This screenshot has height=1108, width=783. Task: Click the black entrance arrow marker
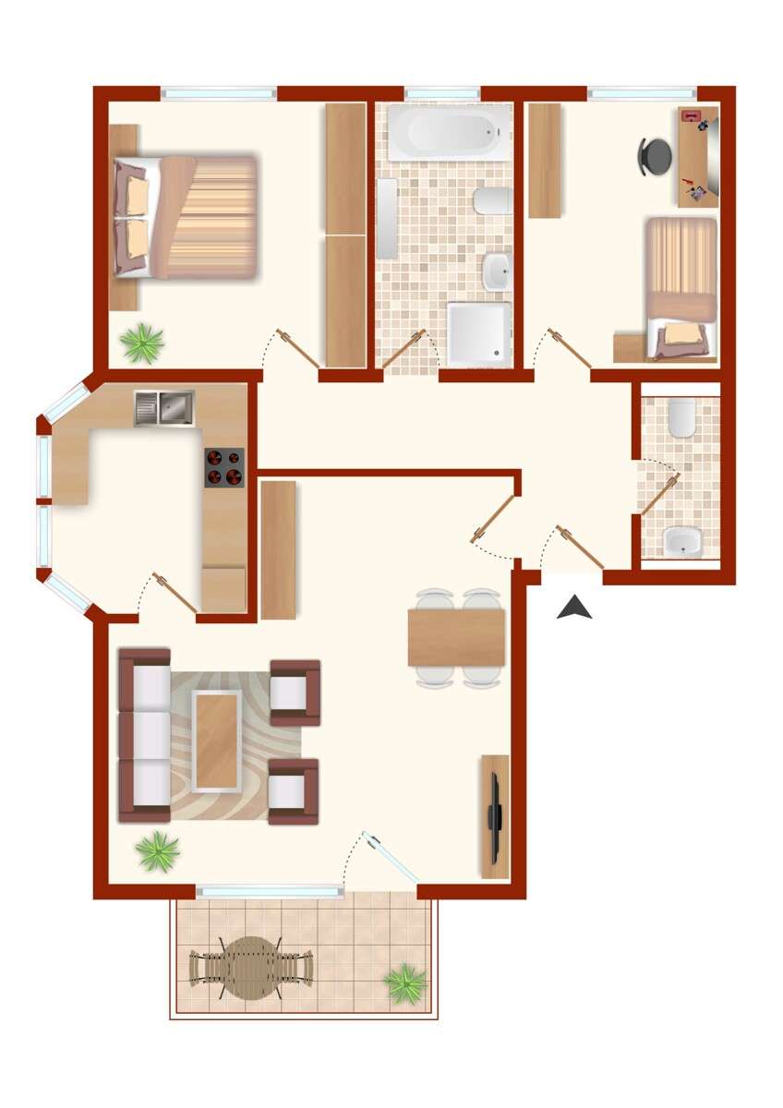pyautogui.click(x=574, y=608)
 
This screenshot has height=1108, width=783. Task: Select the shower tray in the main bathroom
pyautogui.click(x=478, y=332)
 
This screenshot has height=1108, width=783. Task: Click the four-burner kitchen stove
pyautogui.click(x=224, y=467)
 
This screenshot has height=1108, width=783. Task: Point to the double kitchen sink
pyautogui.click(x=163, y=407)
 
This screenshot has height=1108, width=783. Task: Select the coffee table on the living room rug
pyautogui.click(x=217, y=740)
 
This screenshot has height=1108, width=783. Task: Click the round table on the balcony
pyautogui.click(x=250, y=967)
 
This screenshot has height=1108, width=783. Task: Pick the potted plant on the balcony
pyautogui.click(x=405, y=983)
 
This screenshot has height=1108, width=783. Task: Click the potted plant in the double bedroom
pyautogui.click(x=142, y=343)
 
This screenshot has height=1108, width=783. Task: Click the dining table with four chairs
pyautogui.click(x=456, y=637)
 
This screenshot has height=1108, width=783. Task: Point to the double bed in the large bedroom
pyautogui.click(x=185, y=217)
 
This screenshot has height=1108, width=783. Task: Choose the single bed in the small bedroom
pyautogui.click(x=681, y=286)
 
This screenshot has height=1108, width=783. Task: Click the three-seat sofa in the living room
pyautogui.click(x=145, y=735)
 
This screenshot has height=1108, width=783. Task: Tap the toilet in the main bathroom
pyautogui.click(x=493, y=200)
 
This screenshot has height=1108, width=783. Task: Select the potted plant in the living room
pyautogui.click(x=158, y=850)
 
